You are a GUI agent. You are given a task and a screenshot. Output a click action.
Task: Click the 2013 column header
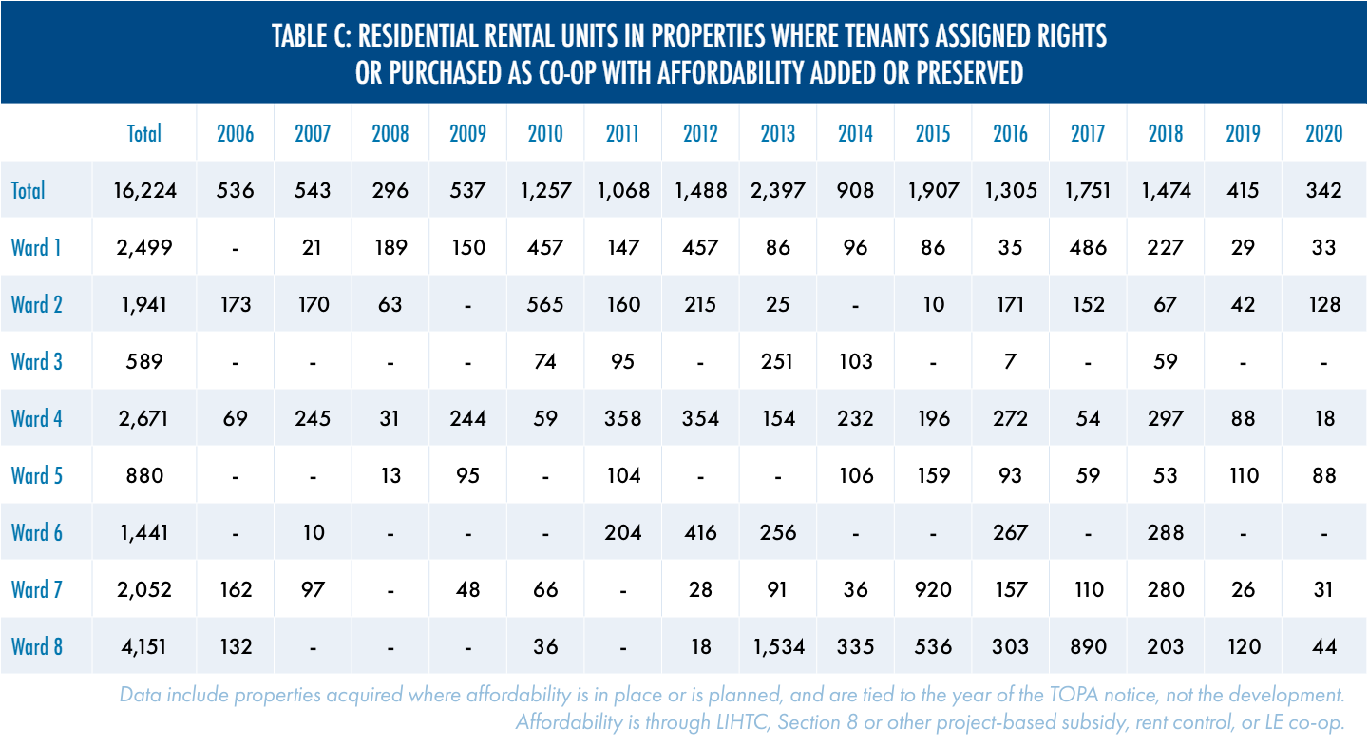pos(778,133)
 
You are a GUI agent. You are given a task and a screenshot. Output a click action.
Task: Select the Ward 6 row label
pos(36,532)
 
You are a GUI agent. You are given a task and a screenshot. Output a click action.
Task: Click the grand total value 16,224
pos(144,190)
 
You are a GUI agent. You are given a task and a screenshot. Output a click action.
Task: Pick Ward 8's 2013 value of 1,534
pos(778,646)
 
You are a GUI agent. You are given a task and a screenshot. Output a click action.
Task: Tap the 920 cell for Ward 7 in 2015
pos(933,589)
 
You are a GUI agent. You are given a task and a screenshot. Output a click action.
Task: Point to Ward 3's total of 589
pos(144,361)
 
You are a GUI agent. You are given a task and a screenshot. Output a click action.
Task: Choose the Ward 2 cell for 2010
pos(545,304)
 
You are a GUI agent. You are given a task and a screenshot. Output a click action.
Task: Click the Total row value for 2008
pos(390,190)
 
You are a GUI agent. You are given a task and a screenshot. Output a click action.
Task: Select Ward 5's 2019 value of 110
pos(1243,475)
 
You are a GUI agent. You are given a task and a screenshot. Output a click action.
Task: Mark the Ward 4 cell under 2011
pos(623,418)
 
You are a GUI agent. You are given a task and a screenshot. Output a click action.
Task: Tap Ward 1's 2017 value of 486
pos(1088,247)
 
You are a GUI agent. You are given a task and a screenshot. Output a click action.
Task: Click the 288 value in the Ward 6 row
pos(1166,532)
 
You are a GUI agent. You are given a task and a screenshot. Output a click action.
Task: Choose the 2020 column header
pos(1324,133)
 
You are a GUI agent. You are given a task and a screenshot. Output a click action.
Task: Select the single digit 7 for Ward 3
pos(1011,361)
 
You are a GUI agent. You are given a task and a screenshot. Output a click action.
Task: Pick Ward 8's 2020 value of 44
pos(1324,646)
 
